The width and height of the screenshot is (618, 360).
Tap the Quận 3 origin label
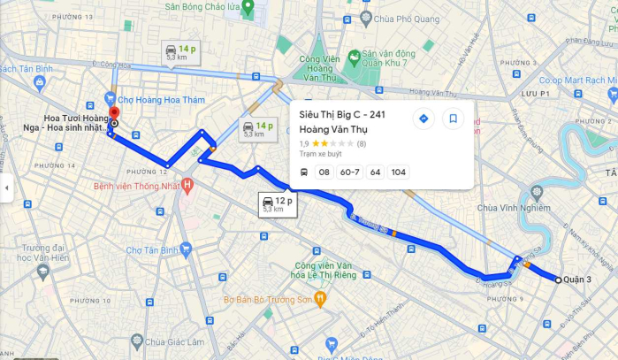coord(576,280)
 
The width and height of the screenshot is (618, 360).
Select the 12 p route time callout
coord(273,204)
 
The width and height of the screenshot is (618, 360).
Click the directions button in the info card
coord(423,119)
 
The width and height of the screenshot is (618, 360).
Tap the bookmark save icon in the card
coord(453,119)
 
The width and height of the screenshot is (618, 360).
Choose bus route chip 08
coord(324,172)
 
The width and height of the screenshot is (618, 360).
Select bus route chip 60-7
coord(349,172)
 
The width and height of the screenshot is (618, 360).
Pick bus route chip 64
coord(375,172)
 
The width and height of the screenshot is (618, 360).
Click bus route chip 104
coord(399,172)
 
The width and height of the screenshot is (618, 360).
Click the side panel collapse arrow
coord(5,188)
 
